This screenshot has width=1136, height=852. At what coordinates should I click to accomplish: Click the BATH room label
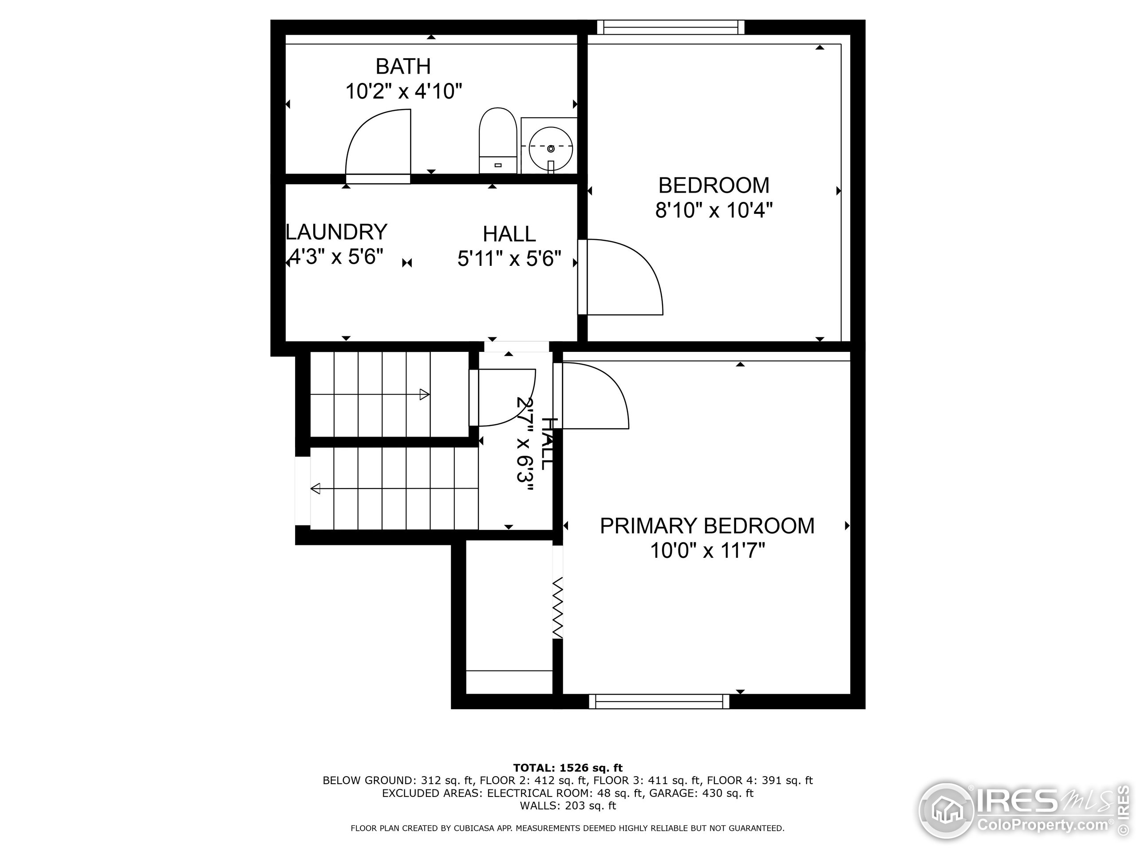tap(402, 67)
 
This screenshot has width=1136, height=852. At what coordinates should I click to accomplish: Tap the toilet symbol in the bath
tap(497, 140)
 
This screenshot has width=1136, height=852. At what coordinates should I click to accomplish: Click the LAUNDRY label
tap(336, 233)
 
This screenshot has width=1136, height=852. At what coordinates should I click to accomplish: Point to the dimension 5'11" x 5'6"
tap(509, 259)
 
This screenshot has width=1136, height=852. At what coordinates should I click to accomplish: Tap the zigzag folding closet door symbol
tap(558, 608)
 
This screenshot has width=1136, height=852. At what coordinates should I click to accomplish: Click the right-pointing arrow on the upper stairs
tap(424, 394)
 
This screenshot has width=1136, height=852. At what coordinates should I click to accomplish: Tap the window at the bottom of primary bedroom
tap(659, 702)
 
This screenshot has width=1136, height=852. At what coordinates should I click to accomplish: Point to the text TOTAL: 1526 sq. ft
tap(568, 768)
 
